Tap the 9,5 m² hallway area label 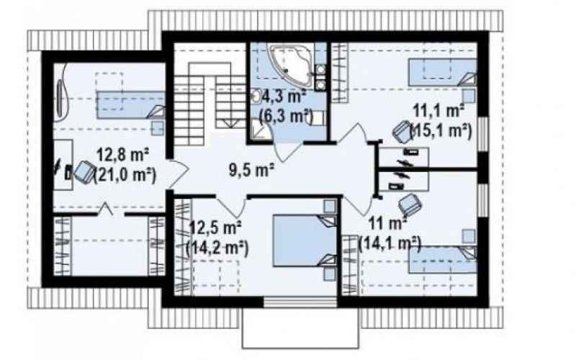click(252, 170)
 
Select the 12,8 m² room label click(122, 155)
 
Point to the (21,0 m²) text click(125, 174)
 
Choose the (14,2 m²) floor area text click(217, 248)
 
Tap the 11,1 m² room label click(438, 110)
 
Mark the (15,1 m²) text click(441, 130)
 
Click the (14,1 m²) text click(390, 243)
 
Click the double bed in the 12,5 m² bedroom click(304, 240)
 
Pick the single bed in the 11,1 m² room click(442, 73)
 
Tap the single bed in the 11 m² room click(443, 260)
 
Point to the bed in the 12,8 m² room click(130, 105)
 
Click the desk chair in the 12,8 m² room click(84, 171)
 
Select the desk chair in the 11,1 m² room click(402, 131)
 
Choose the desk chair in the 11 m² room click(410, 204)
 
